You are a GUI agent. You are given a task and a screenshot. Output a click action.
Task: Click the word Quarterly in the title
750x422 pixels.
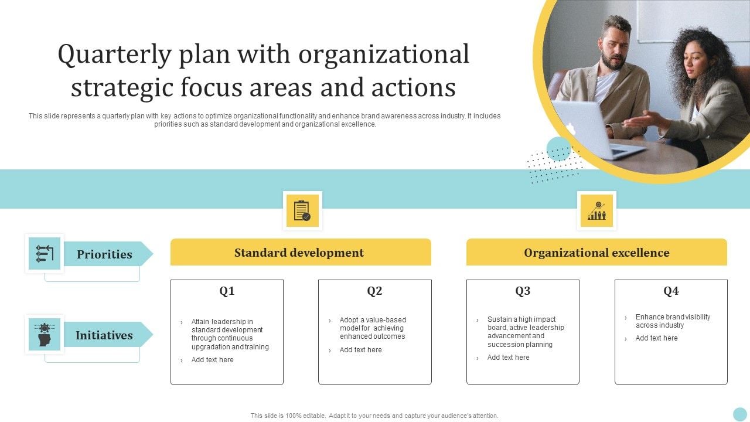pos(114,55)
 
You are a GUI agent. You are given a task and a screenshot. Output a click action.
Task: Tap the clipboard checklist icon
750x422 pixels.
pos(302,210)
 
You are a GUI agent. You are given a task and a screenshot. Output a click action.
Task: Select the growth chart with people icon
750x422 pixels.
pos(596,210)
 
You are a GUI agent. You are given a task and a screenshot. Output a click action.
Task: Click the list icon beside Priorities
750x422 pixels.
pos(45,254)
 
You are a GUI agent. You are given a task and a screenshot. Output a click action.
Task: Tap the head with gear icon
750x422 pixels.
pos(45,334)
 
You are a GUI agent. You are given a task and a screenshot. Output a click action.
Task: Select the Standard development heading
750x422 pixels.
pos(299,253)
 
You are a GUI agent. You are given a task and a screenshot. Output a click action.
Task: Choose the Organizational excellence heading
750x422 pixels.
pos(596,253)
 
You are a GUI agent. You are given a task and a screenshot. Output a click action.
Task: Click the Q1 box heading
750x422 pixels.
pos(227,290)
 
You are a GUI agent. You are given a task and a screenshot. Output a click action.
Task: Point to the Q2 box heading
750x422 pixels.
pos(374,290)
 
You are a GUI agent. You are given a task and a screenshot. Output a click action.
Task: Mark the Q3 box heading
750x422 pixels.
pos(523,290)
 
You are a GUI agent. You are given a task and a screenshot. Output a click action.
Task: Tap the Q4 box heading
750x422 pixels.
pos(671,290)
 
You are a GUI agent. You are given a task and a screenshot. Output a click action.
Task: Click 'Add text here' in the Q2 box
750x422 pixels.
pos(360,350)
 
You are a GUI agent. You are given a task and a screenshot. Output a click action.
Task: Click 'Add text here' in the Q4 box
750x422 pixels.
pos(657,338)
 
